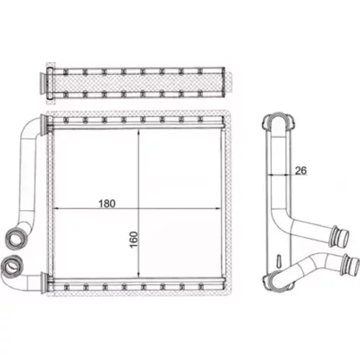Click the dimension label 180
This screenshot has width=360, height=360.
(x=107, y=204)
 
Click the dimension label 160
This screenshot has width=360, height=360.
(x=134, y=240)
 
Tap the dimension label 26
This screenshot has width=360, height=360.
(x=301, y=171)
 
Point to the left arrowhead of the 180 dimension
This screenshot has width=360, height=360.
(x=55, y=209)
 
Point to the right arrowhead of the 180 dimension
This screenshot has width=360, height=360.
(x=218, y=209)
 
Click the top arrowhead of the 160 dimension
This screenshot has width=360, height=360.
(x=138, y=132)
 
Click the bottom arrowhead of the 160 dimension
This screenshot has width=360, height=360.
(x=138, y=274)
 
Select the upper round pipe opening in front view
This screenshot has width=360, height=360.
(x=16, y=237)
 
